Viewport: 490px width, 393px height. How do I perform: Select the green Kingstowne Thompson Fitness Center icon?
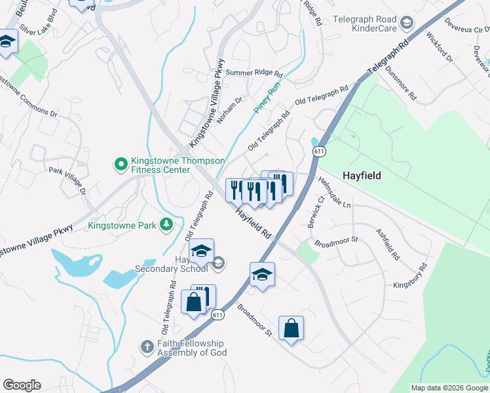(x=121, y=164)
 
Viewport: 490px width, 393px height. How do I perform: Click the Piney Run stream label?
(x=267, y=100)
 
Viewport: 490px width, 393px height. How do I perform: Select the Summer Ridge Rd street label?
(x=254, y=73)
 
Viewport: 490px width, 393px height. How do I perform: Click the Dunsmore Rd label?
(x=400, y=82)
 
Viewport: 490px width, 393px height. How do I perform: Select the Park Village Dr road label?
(x=67, y=180)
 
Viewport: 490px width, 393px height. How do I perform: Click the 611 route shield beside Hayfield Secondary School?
(x=216, y=314)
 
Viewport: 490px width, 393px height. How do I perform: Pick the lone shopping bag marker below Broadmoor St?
(x=291, y=328)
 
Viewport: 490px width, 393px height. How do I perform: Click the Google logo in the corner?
(x=22, y=384)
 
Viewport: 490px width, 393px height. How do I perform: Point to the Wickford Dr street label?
(x=440, y=47)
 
